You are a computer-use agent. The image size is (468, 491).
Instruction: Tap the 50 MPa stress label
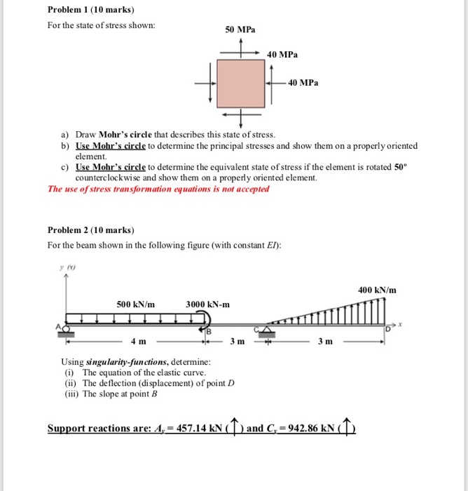click(240, 30)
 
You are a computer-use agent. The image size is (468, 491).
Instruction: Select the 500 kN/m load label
click(136, 304)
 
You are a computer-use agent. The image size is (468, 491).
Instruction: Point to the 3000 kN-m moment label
click(207, 304)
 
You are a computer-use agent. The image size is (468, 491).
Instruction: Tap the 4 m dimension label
click(138, 342)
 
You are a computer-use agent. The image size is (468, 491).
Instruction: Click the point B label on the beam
click(207, 331)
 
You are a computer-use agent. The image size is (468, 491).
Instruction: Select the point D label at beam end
click(388, 330)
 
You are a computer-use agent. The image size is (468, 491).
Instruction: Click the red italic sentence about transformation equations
click(158, 189)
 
